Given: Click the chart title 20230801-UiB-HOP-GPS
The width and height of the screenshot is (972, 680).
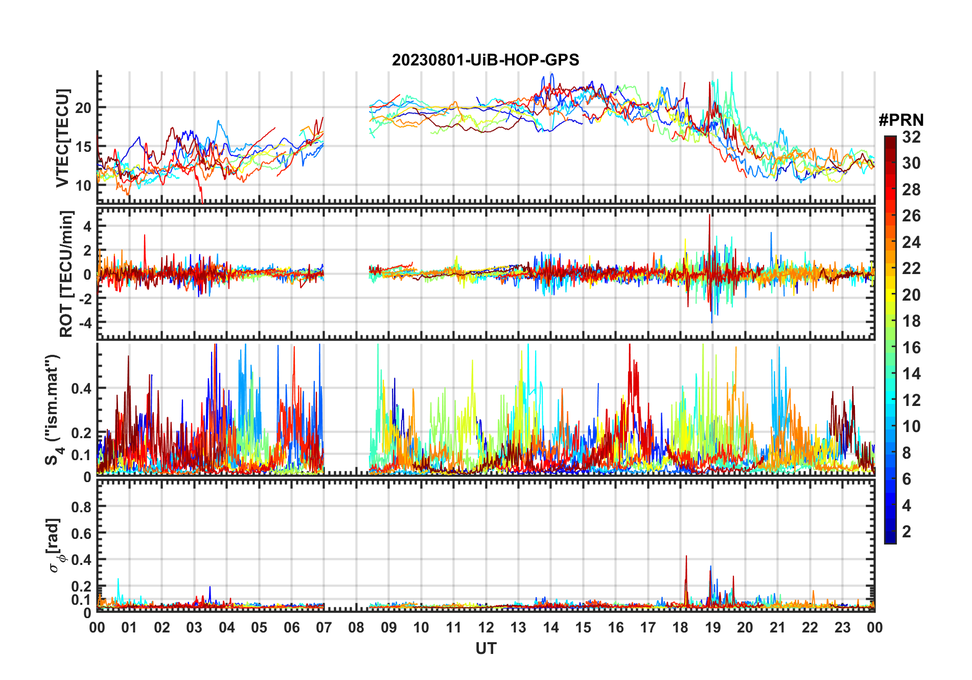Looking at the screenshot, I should pyautogui.click(x=485, y=60).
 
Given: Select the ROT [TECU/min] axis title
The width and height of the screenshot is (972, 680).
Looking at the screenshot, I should pyautogui.click(x=66, y=274).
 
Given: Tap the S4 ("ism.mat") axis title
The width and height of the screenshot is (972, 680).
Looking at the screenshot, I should pyautogui.click(x=54, y=409).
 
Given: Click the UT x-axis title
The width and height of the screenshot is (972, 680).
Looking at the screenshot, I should pyautogui.click(x=485, y=649).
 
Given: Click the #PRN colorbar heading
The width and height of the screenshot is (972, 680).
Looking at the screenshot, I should pyautogui.click(x=901, y=120).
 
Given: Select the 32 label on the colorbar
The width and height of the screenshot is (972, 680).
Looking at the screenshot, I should pyautogui.click(x=911, y=137).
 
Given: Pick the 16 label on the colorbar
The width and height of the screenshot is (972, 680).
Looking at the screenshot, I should pyautogui.click(x=911, y=348).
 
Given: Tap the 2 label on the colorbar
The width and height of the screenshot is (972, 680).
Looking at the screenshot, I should pyautogui.click(x=907, y=532).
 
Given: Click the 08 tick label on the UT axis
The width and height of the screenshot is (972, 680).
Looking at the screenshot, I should pyautogui.click(x=356, y=627).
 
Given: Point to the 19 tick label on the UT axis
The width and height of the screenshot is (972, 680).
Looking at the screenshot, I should pyautogui.click(x=713, y=627).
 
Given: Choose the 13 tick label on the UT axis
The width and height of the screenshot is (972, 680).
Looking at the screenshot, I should pyautogui.click(x=518, y=627).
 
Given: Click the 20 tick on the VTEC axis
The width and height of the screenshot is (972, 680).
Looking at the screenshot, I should pyautogui.click(x=83, y=108).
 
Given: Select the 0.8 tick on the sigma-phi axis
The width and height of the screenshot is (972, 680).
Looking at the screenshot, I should pyautogui.click(x=81, y=507).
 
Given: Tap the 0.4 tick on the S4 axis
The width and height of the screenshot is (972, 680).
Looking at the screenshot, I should pyautogui.click(x=81, y=389).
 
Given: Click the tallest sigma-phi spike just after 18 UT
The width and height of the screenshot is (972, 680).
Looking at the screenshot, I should pyautogui.click(x=686, y=557).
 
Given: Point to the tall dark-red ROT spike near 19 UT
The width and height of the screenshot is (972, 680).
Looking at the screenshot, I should pyautogui.click(x=709, y=217).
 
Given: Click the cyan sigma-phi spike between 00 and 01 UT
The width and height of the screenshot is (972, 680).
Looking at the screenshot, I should pyautogui.click(x=119, y=580).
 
